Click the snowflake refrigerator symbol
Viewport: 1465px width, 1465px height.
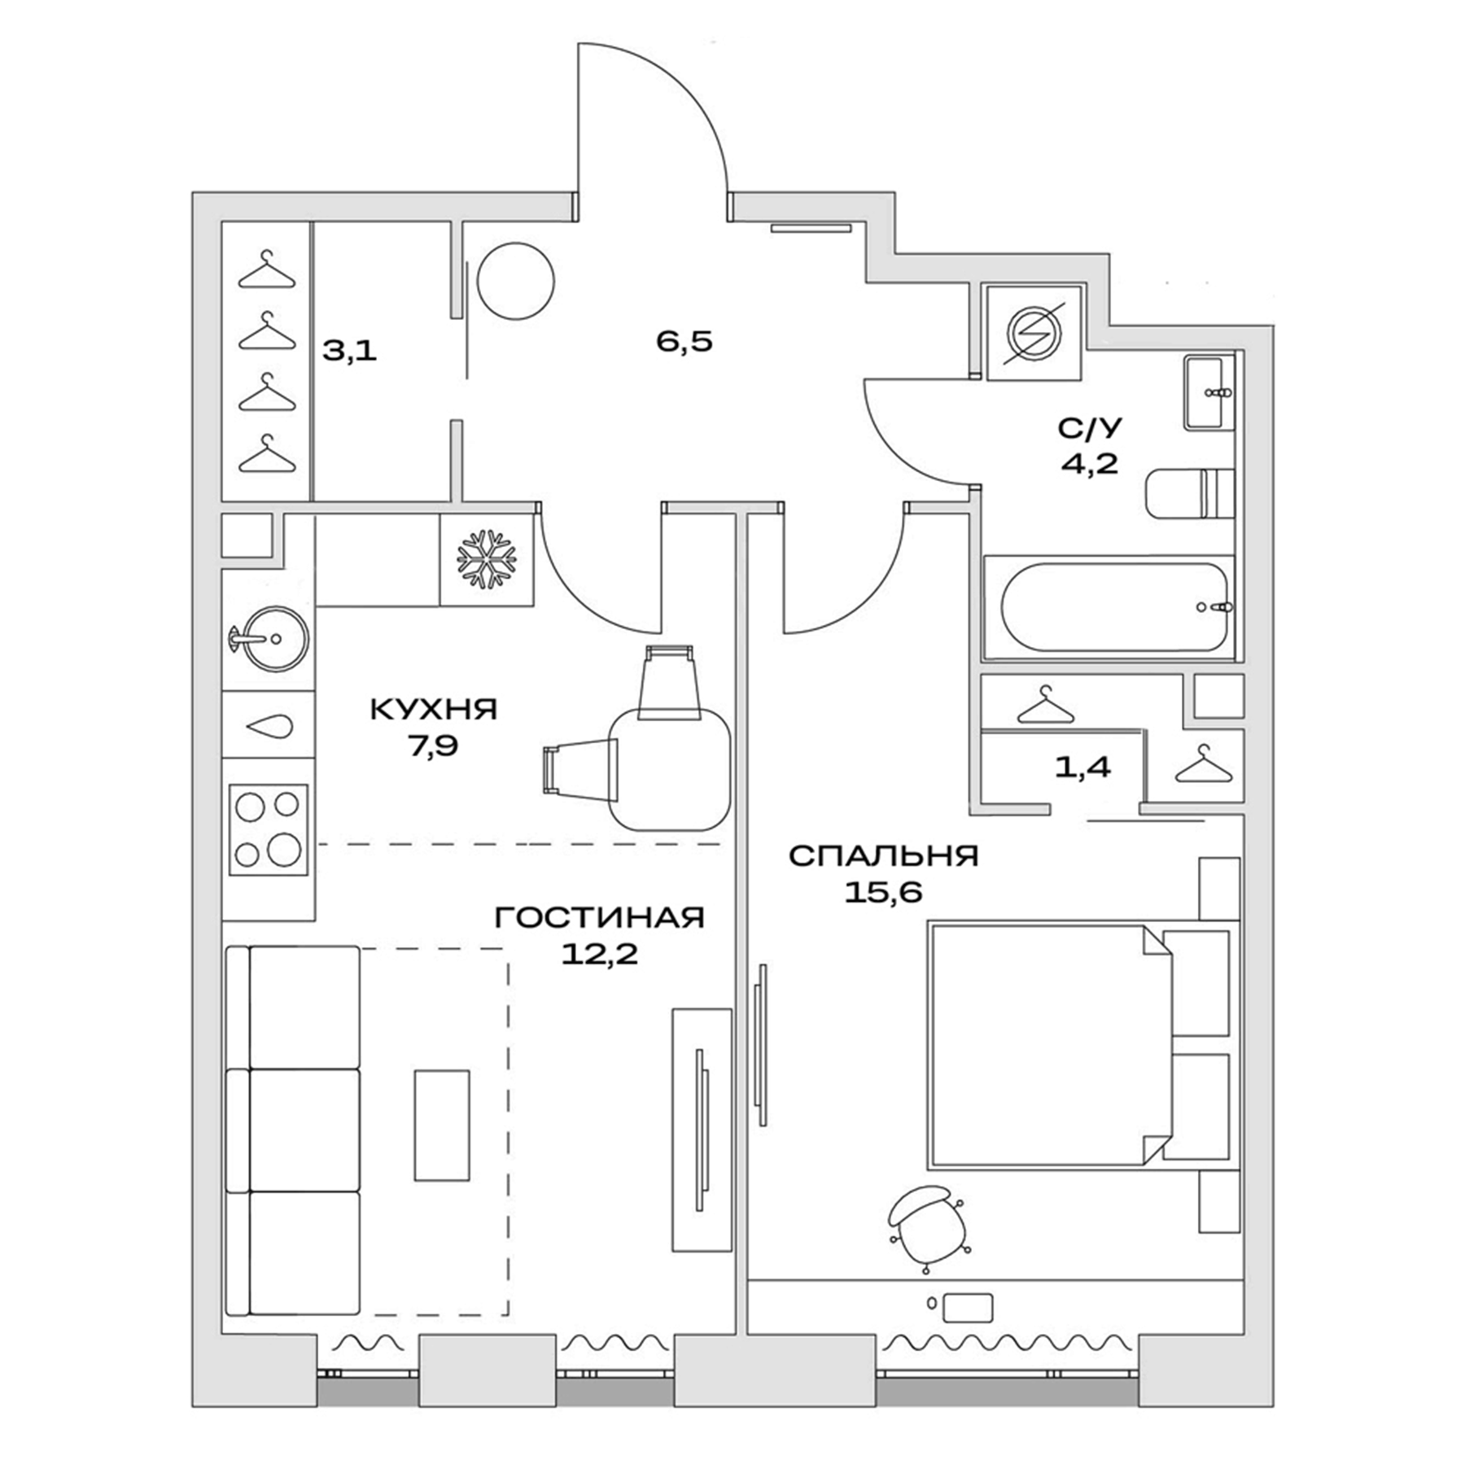click(x=487, y=559)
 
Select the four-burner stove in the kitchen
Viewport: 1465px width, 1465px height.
click(x=268, y=829)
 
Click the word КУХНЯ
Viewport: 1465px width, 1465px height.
click(x=433, y=709)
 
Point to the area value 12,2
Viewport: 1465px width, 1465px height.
click(x=599, y=954)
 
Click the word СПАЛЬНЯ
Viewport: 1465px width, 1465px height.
click(x=883, y=856)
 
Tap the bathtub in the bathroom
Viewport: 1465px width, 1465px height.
click(x=1113, y=607)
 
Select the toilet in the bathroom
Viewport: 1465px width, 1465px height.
click(x=1189, y=493)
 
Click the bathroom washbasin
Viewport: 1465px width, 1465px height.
click(x=1209, y=392)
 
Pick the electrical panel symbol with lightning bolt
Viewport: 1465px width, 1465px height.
click(x=1034, y=334)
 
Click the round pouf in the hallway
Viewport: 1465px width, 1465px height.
click(x=515, y=282)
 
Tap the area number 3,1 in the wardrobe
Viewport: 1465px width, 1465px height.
click(x=350, y=351)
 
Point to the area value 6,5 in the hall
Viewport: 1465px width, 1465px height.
click(x=684, y=341)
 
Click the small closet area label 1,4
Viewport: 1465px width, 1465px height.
click(x=1082, y=767)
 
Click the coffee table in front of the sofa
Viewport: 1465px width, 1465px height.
click(x=441, y=1125)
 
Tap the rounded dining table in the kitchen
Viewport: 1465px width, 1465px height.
click(x=670, y=768)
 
